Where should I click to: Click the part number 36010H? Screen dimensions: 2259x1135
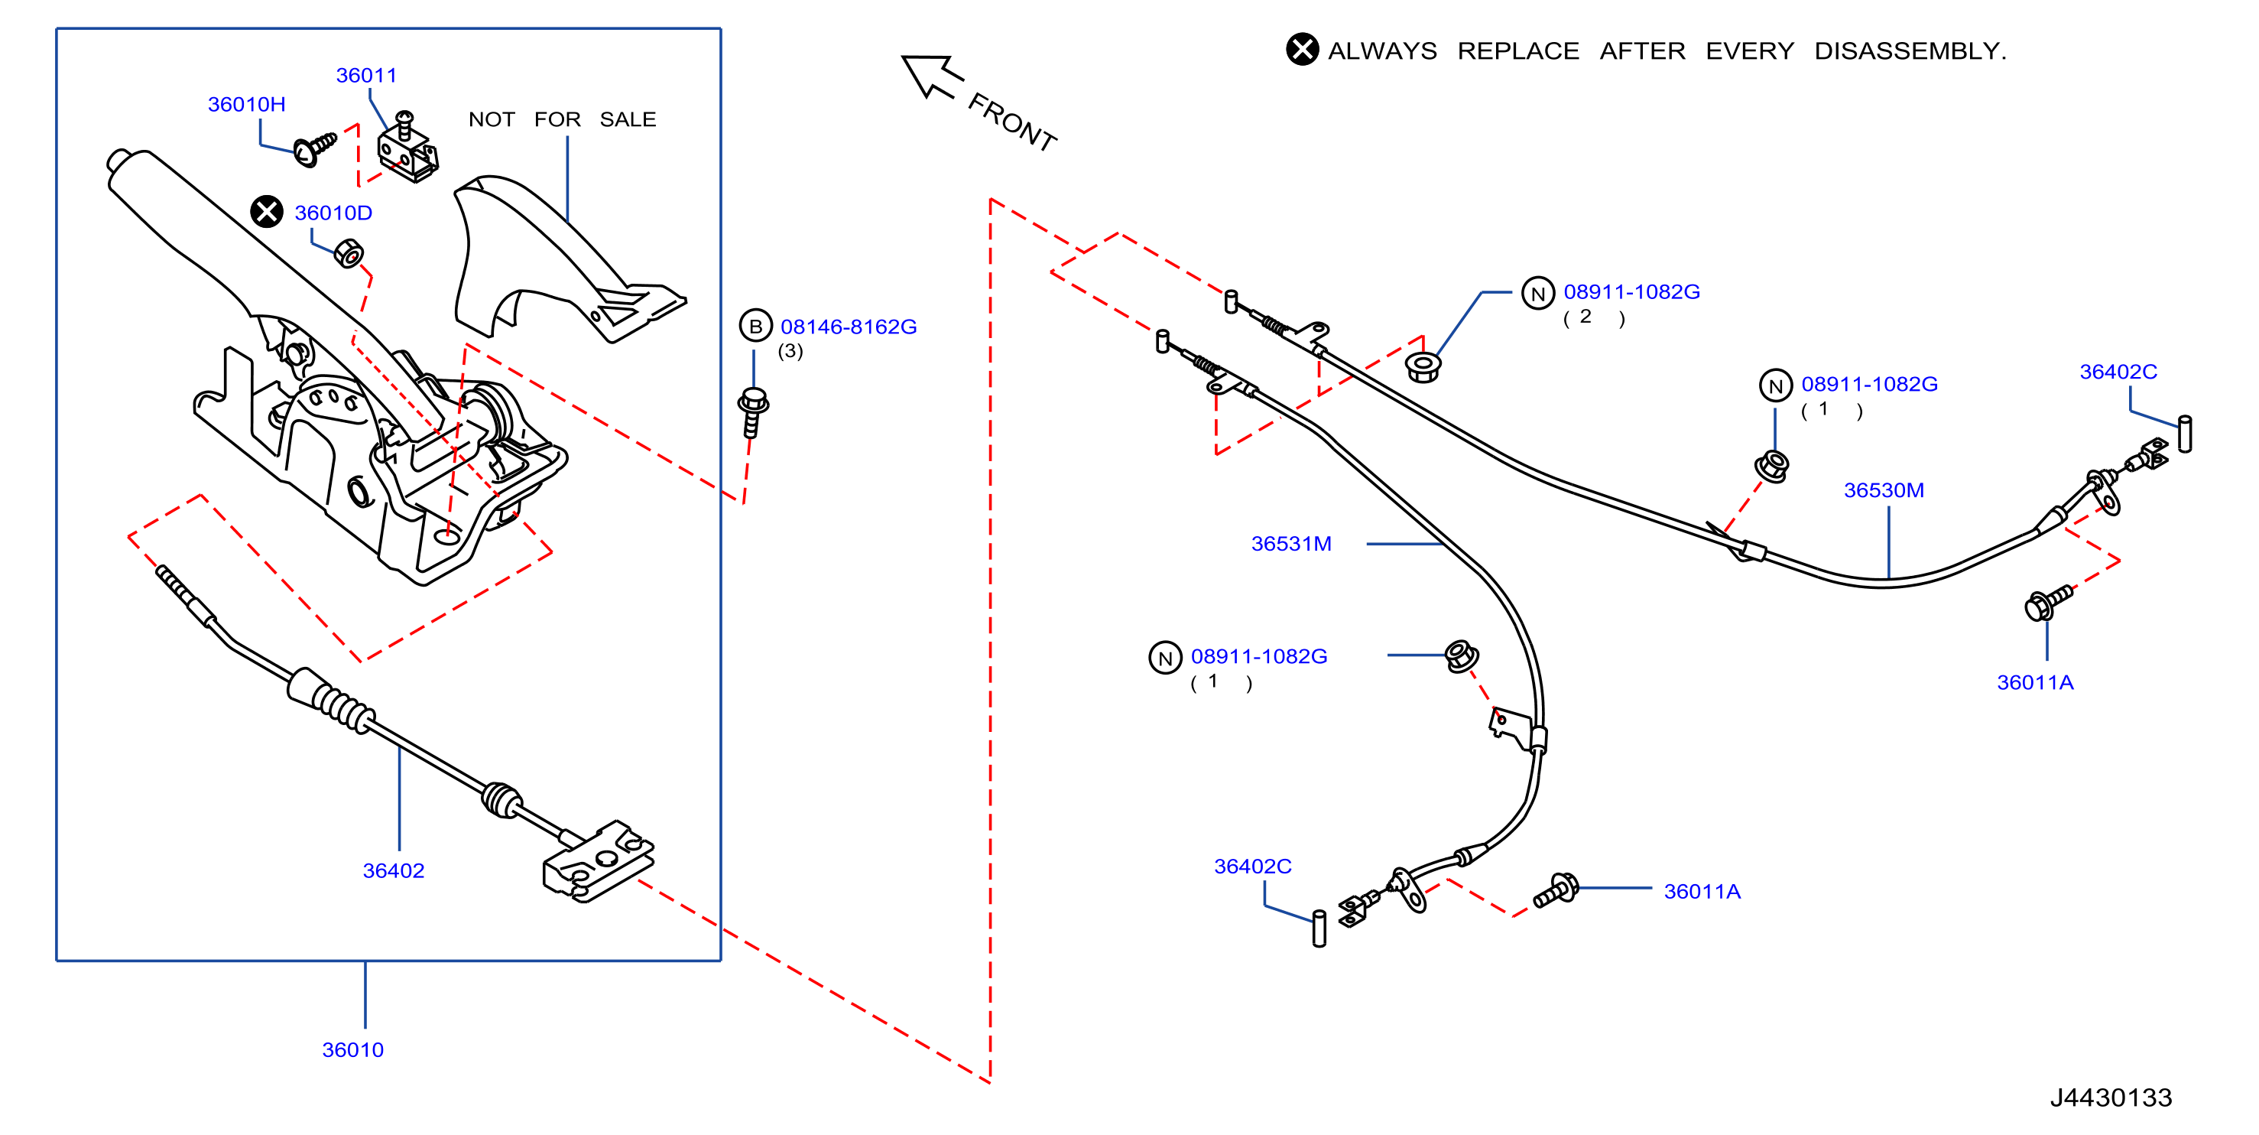coord(246,104)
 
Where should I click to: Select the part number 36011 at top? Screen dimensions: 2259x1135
coord(366,76)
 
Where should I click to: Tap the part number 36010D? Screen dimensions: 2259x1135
coord(333,213)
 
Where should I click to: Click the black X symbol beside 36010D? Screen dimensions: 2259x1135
coord(267,211)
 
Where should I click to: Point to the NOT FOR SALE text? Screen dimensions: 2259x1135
coord(562,119)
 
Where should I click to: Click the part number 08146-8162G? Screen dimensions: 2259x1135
coord(849,327)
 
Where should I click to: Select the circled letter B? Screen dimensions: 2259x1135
coord(755,327)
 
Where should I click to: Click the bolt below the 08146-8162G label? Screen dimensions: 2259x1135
coord(753,412)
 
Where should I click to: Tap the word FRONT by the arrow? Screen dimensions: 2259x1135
coord(1012,123)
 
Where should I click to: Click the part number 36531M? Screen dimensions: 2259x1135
coord(1291,544)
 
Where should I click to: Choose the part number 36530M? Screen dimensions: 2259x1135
coord(1884,490)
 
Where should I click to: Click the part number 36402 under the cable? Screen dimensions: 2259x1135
coord(394,871)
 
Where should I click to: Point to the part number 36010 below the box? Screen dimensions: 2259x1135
coord(352,1050)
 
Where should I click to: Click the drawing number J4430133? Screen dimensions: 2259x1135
coord(2111,1098)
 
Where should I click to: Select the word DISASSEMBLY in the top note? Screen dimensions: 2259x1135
coord(1910,51)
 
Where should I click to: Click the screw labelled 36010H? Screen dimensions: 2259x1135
coord(315,149)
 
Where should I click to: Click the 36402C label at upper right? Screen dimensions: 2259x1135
coord(2118,372)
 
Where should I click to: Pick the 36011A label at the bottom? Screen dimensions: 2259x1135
coord(1702,892)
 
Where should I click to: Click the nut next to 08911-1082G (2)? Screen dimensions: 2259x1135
coord(1423,366)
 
